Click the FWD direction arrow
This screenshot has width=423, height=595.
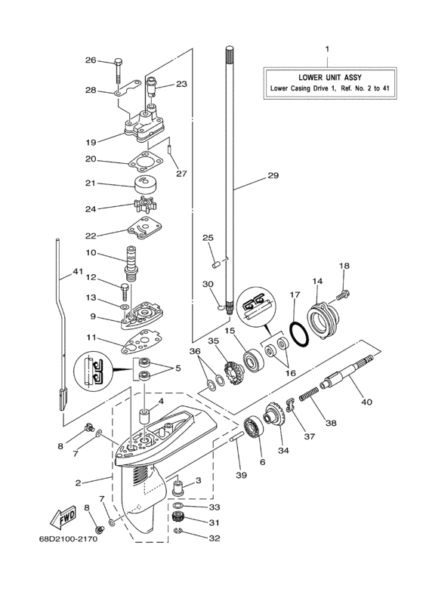(x=60, y=518)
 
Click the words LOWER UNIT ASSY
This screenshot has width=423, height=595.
(x=327, y=76)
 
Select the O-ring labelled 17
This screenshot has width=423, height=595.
(x=298, y=330)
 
